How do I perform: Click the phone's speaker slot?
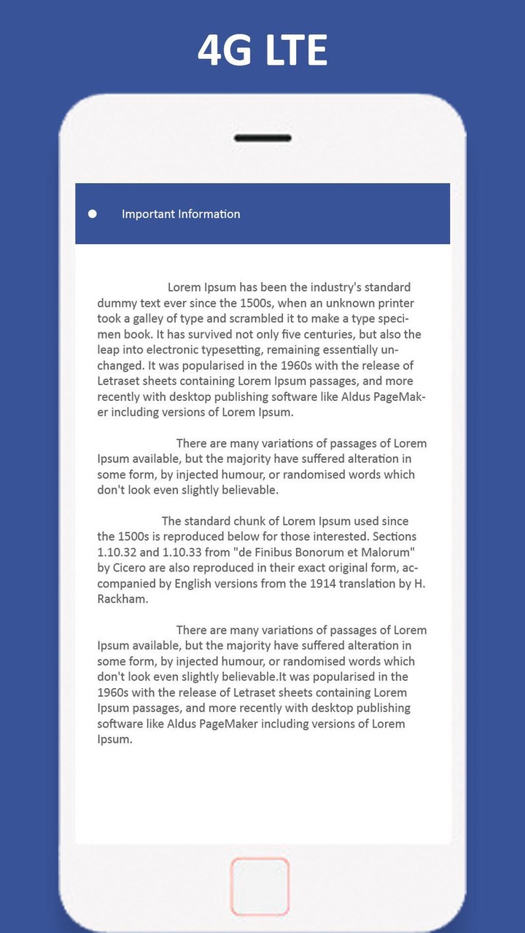(262, 138)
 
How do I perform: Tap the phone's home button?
(260, 886)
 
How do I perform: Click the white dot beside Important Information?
(93, 214)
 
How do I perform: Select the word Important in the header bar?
(147, 214)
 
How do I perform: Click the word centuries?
(346, 335)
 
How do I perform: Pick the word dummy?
(117, 303)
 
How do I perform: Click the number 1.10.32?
(119, 552)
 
